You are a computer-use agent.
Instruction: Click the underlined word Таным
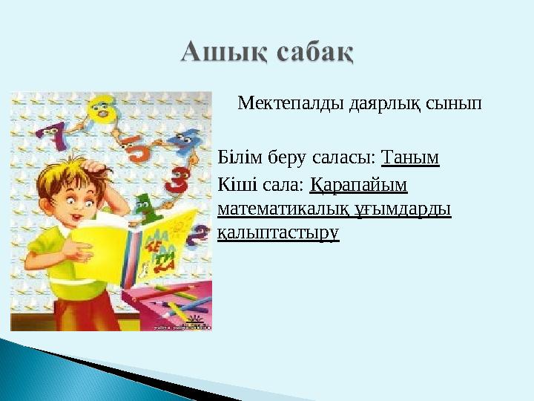coord(410,157)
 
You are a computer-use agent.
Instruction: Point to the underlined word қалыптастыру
coord(278,233)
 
